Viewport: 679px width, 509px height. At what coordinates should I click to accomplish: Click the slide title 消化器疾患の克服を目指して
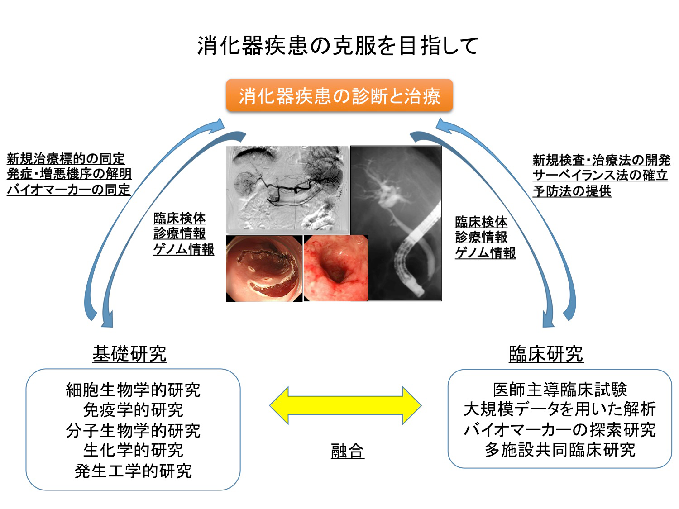click(338, 46)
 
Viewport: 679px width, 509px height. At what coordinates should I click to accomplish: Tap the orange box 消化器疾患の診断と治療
click(339, 96)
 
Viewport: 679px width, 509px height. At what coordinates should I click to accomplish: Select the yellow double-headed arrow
click(345, 405)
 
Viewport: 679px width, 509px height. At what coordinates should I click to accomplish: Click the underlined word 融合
click(347, 451)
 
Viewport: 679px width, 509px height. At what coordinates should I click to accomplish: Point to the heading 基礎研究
click(129, 354)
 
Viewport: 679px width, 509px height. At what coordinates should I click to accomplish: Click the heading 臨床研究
click(546, 354)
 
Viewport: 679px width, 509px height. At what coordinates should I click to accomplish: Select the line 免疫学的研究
click(133, 410)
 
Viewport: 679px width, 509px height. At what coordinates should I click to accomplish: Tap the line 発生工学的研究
click(133, 471)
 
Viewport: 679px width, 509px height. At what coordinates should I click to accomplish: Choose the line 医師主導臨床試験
click(560, 389)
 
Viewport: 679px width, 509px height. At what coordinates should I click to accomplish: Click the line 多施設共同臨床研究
click(560, 450)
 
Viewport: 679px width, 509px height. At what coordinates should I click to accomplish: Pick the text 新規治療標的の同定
click(66, 159)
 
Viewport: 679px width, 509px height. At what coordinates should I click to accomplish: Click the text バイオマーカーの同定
click(69, 190)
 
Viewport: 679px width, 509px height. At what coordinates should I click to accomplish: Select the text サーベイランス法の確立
click(600, 175)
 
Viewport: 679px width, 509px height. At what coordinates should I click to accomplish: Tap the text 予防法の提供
click(572, 191)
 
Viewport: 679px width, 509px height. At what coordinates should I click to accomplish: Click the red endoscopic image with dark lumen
click(335, 268)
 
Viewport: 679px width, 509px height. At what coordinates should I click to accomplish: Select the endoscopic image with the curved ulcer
click(264, 268)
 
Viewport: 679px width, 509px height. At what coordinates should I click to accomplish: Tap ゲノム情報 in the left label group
click(184, 249)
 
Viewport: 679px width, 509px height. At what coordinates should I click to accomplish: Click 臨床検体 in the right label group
click(481, 222)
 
